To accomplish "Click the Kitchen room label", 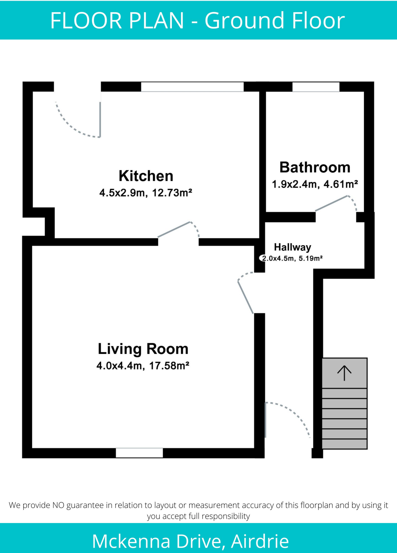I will [146, 176].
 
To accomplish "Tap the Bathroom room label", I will [315, 167].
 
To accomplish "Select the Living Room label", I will [143, 349].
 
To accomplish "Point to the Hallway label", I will [293, 247].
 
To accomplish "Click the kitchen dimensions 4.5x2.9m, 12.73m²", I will [145, 193].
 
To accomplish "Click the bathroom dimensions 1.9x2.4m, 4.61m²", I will [315, 184].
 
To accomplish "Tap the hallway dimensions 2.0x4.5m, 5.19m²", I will [292, 258].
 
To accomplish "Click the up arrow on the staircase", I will [344, 373].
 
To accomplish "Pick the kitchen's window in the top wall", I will [192, 87].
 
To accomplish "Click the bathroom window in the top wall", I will [316, 87].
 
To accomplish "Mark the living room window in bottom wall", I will [139, 453].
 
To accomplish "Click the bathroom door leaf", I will [331, 203].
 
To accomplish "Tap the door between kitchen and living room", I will [174, 230].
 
